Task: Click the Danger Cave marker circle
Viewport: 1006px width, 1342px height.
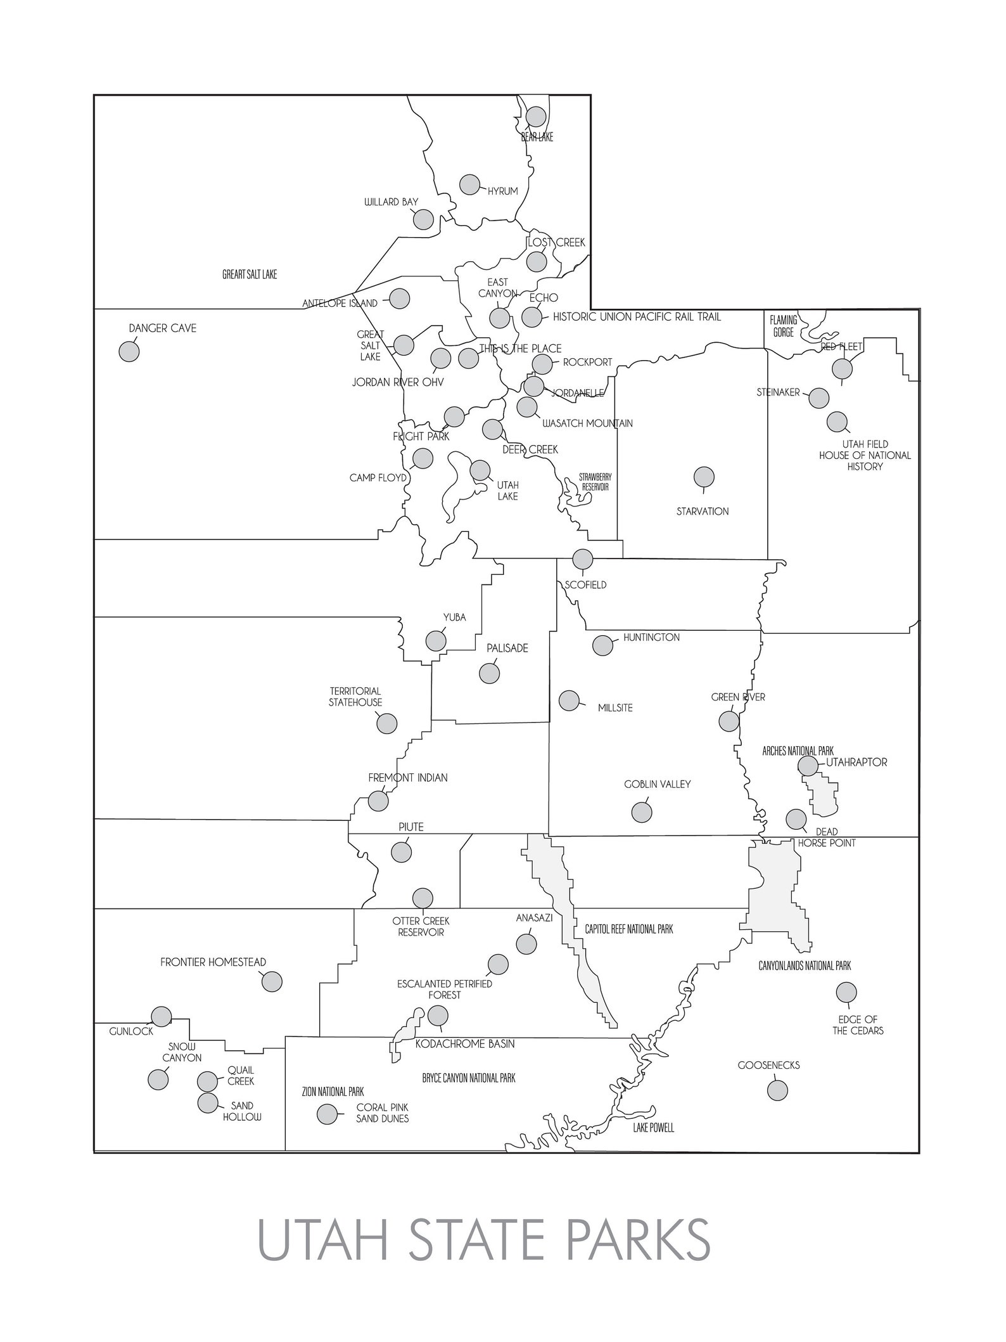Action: pyautogui.click(x=129, y=351)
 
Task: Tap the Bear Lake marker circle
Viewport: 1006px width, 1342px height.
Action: pyautogui.click(x=536, y=117)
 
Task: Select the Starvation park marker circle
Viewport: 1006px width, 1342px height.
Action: pyautogui.click(x=704, y=477)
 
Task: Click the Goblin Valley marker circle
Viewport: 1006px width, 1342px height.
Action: pyautogui.click(x=642, y=812)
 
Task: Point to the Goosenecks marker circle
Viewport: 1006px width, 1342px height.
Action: pyautogui.click(x=777, y=1090)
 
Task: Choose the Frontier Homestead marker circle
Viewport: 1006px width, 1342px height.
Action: pyautogui.click(x=272, y=981)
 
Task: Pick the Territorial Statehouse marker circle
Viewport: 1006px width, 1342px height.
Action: pyautogui.click(x=386, y=723)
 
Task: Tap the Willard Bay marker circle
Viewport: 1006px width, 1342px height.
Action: pyautogui.click(x=423, y=219)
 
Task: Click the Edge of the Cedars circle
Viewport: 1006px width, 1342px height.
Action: pyautogui.click(x=846, y=992)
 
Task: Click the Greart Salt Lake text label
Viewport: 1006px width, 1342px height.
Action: pyautogui.click(x=250, y=274)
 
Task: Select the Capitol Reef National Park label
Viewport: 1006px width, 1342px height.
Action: pyautogui.click(x=628, y=929)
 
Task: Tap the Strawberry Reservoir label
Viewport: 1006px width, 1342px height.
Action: pyautogui.click(x=594, y=482)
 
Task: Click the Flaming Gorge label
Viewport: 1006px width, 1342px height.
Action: pyautogui.click(x=783, y=326)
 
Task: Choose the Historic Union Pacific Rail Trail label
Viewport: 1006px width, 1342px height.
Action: pyautogui.click(x=637, y=316)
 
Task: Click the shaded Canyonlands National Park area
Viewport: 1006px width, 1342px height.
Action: pyautogui.click(x=773, y=887)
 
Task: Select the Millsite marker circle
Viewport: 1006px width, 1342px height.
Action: pyautogui.click(x=569, y=700)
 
